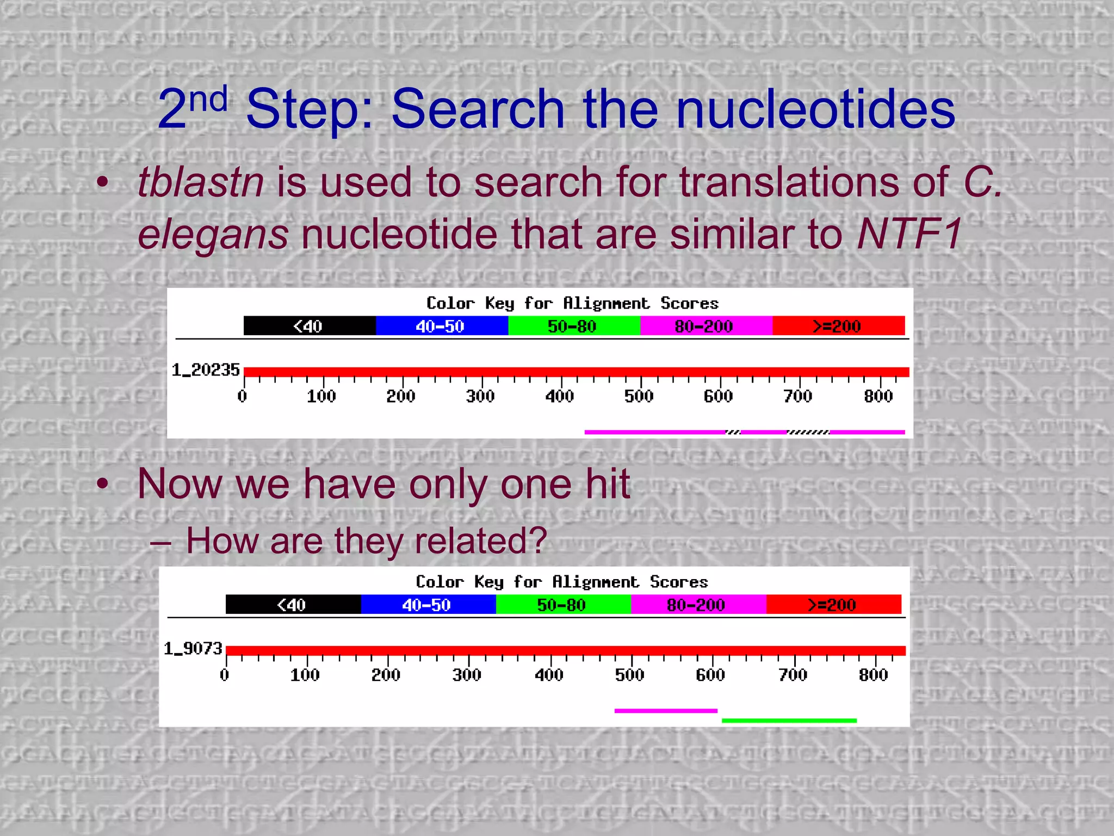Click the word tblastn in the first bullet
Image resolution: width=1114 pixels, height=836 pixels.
pos(201,182)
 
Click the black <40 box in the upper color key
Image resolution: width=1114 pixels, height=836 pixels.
pos(309,326)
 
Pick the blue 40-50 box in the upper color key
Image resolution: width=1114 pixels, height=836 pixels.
pos(441,326)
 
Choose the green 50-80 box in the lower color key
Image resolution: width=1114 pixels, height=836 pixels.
pos(562,605)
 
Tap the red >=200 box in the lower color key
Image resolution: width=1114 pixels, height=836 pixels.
pos(833,605)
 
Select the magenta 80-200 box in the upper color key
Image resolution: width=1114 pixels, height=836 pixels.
pos(705,326)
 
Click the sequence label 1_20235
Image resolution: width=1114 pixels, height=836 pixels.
pos(206,370)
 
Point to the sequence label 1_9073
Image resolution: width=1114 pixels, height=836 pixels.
pos(193,649)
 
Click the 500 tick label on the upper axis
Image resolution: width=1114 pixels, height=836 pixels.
pos(639,396)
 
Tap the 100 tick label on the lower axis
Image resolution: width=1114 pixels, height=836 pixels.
pos(305,675)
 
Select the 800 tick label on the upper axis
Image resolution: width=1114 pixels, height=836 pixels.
pos(878,396)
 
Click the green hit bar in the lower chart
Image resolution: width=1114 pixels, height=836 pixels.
pos(789,721)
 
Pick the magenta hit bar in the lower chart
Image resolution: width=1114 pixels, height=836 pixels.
pos(665,711)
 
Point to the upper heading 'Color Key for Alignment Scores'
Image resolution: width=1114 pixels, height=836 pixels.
pos(572,303)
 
